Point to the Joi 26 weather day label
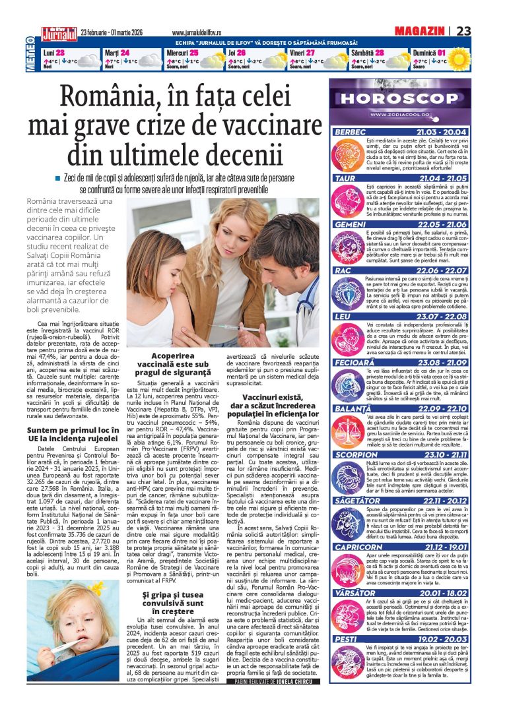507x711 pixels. pyautogui.click(x=236, y=52)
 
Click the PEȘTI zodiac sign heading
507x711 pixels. pyautogui.click(x=345, y=639)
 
